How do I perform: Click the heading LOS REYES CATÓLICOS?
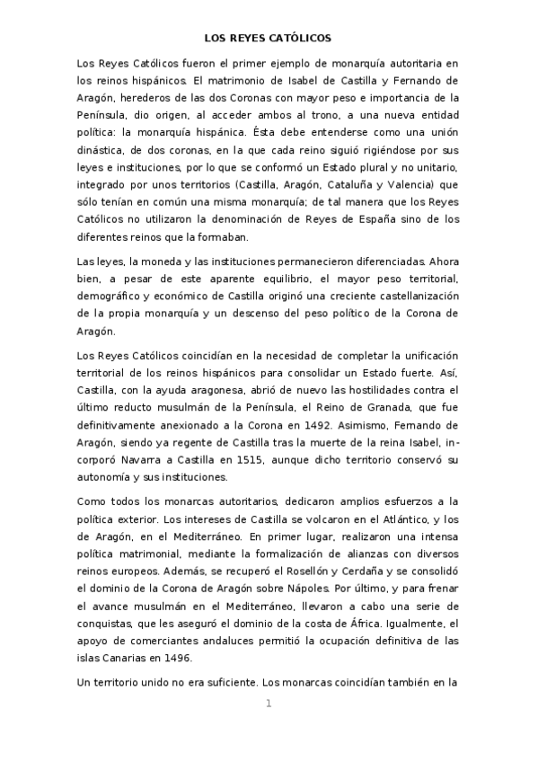pos(269,39)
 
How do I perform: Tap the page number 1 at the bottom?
pos(269,703)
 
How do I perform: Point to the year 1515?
pos(222,460)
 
